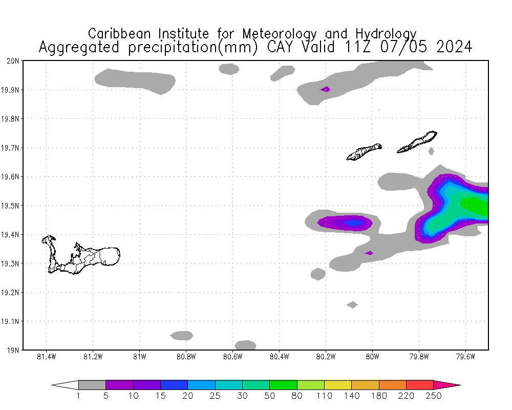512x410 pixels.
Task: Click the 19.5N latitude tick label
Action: click(x=12, y=206)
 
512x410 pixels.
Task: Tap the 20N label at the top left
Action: click(x=14, y=61)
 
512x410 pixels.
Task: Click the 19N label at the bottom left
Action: click(x=14, y=351)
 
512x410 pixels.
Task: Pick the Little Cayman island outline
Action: click(x=364, y=152)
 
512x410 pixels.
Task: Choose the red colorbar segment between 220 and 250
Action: click(x=420, y=385)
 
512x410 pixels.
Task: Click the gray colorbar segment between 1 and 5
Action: click(x=92, y=385)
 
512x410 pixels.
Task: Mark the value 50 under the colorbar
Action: click(x=270, y=396)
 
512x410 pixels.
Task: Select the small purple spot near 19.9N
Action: click(x=325, y=89)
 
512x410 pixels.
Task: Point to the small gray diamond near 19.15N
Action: click(x=352, y=304)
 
